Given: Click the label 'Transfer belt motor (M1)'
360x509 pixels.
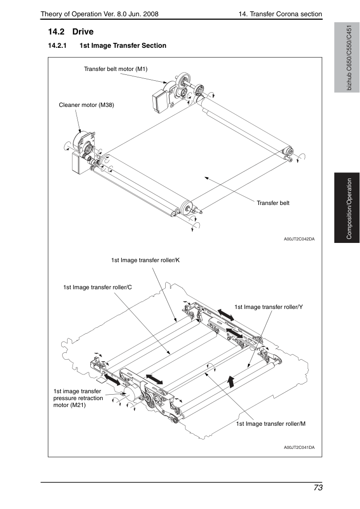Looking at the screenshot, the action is point(116,69).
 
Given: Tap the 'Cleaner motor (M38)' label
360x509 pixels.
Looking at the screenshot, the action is point(86,105).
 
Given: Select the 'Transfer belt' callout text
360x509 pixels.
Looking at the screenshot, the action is point(273,203).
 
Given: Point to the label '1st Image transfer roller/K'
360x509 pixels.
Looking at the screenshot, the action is point(145,260).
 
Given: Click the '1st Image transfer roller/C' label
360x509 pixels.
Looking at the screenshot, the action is point(98,287).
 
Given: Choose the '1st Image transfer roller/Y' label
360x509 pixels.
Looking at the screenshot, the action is point(269,307).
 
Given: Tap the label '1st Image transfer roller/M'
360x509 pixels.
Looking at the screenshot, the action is point(271,424).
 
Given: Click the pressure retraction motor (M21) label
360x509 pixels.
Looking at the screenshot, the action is point(78,398).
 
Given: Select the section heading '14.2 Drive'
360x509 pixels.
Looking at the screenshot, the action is point(71,32).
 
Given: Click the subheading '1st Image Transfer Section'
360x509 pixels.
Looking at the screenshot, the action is point(123,45).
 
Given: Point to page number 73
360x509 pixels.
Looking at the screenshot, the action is point(318,488).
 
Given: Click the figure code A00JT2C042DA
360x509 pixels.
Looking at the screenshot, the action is point(299,239).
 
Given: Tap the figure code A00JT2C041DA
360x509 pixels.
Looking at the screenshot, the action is point(299,447).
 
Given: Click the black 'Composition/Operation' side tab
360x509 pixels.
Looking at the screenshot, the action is point(347,208).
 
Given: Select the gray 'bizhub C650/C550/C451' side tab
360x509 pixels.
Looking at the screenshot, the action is point(347,58).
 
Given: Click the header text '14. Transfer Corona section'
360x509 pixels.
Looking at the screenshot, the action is point(280,14).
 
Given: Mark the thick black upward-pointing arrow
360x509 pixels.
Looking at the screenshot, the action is point(231,381).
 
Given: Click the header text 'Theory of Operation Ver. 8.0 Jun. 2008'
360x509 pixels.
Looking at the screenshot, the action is point(100,14).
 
